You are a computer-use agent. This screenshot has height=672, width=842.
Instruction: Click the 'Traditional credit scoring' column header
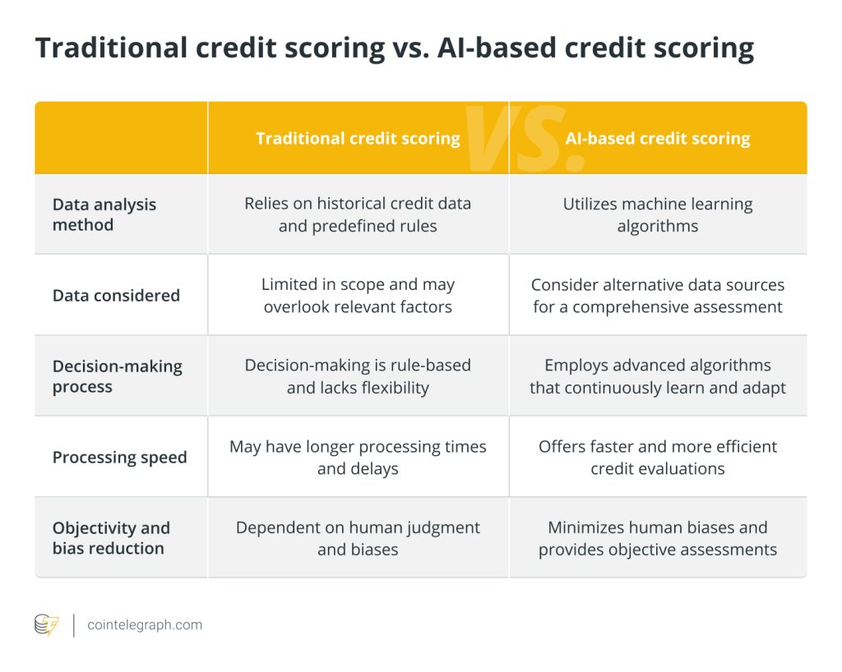click(x=358, y=138)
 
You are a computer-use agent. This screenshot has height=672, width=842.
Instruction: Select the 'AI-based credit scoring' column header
click(x=658, y=138)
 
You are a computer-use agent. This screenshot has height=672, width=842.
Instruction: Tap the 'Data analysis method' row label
click(x=104, y=214)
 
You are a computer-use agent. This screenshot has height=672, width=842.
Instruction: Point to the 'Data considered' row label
click(x=116, y=296)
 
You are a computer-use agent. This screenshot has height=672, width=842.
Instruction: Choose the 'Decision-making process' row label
click(x=118, y=376)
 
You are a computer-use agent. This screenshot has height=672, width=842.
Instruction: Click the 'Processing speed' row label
click(x=120, y=458)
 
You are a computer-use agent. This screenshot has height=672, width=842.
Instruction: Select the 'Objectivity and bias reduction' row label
click(x=111, y=538)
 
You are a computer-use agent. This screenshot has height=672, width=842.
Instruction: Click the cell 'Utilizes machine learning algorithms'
click(x=658, y=214)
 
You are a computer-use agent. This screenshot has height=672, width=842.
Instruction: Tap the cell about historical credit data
click(x=358, y=214)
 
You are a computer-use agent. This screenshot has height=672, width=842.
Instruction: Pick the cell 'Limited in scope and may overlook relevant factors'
click(x=358, y=296)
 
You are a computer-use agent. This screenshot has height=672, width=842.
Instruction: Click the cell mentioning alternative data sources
click(x=658, y=296)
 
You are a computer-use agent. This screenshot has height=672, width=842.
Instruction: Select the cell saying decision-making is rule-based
click(x=358, y=376)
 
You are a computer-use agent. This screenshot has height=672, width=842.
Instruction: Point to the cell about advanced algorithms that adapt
click(x=658, y=376)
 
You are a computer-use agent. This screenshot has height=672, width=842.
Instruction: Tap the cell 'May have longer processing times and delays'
click(x=358, y=458)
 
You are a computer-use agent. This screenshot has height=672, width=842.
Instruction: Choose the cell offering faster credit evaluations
click(x=658, y=458)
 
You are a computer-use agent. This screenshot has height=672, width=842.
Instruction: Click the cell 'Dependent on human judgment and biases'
click(x=358, y=538)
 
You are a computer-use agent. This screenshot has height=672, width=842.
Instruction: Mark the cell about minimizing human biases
click(x=658, y=538)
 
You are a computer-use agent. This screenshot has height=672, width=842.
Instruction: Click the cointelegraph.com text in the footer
click(x=145, y=625)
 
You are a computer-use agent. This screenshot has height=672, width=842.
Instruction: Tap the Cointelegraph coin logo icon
click(x=46, y=625)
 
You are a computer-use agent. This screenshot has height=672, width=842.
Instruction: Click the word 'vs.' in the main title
click(x=407, y=49)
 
